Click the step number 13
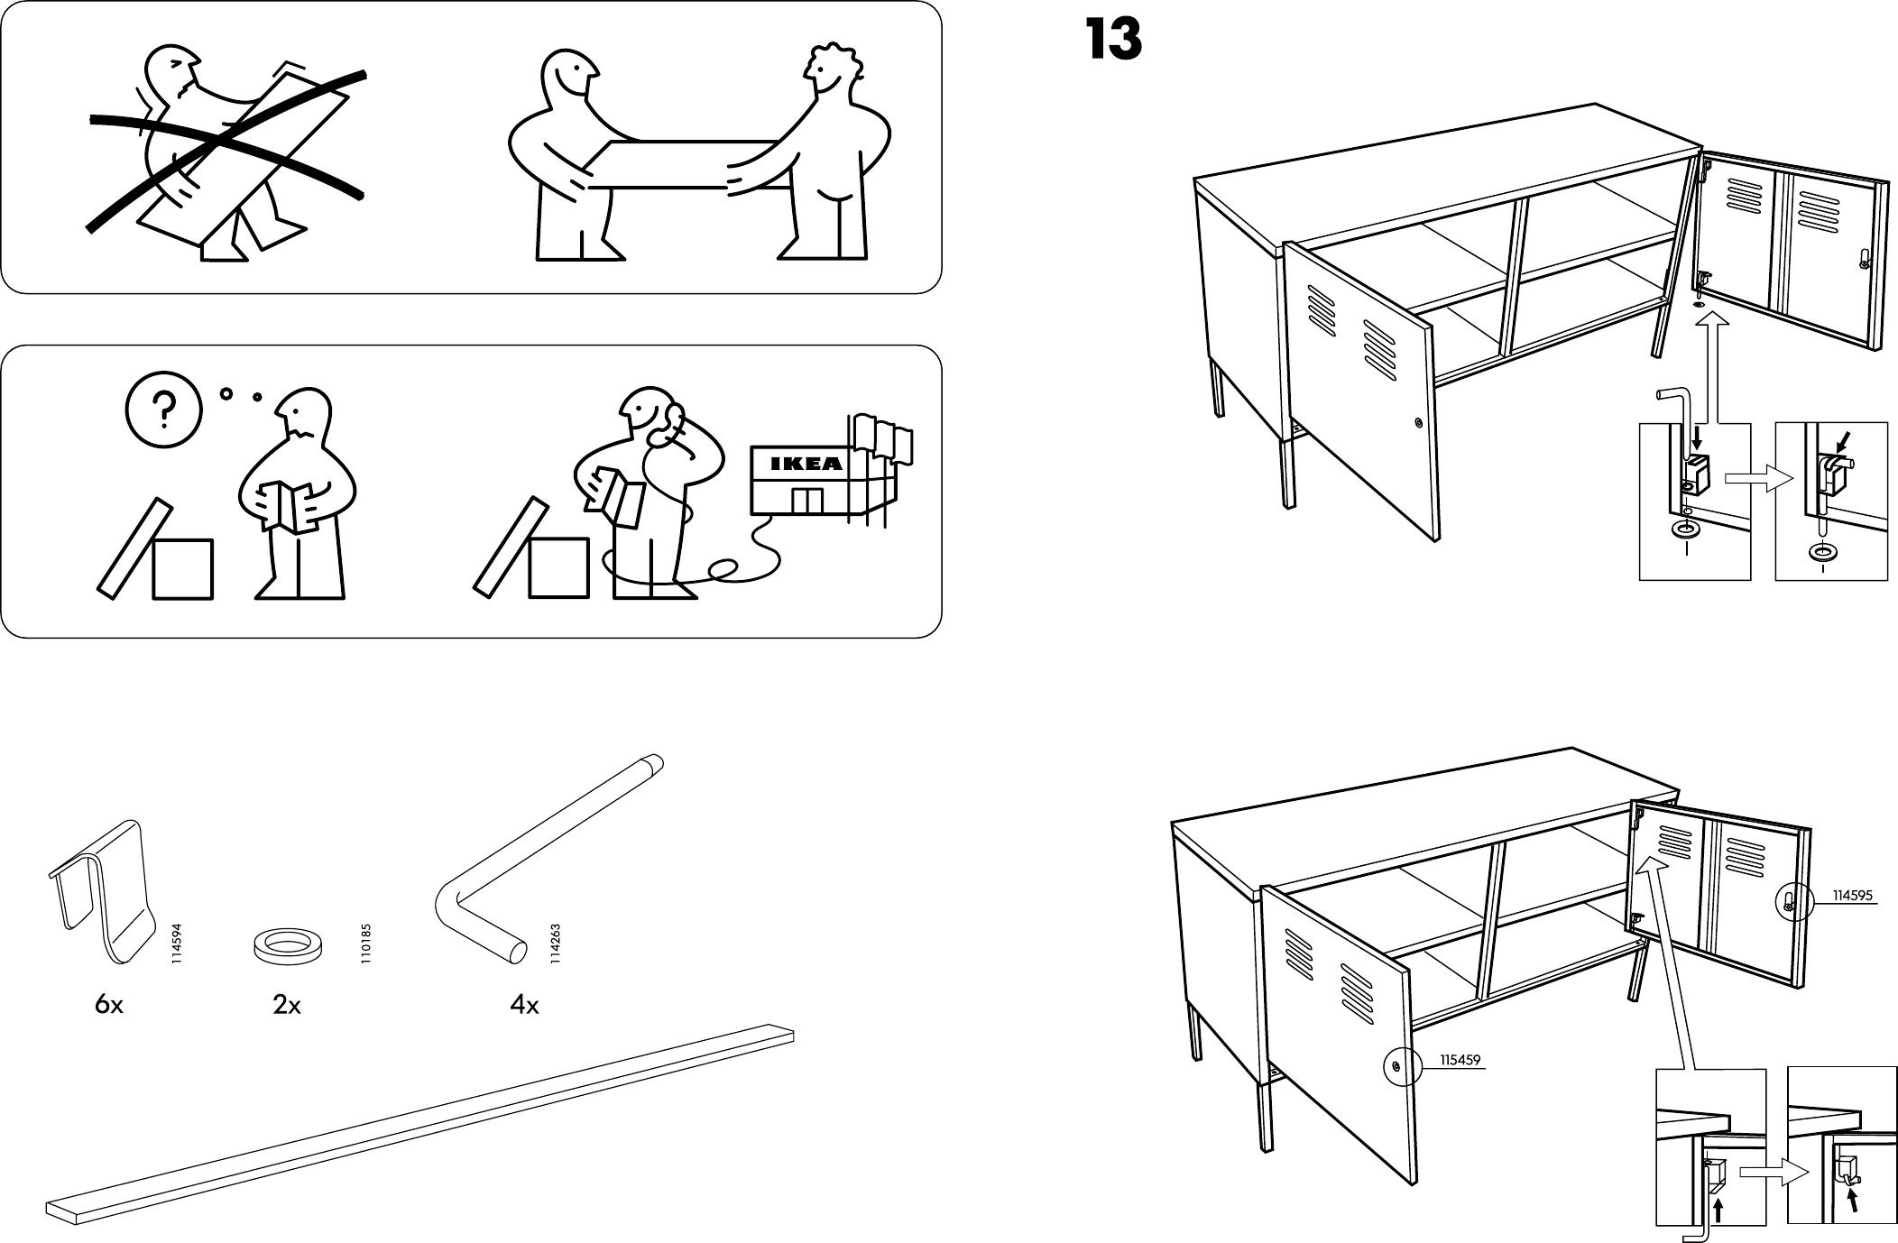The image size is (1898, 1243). point(1113,41)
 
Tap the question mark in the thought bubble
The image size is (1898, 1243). point(162,411)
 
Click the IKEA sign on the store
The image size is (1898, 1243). point(806,465)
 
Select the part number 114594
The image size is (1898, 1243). point(177,944)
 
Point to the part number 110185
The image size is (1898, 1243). point(365,944)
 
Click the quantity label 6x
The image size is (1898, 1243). point(108,1004)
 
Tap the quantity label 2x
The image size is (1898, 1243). point(287,1004)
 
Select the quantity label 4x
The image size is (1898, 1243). point(523,1004)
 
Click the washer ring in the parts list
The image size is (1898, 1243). point(287,945)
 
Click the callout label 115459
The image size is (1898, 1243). point(1460,1061)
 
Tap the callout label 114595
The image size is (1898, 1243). point(1852,896)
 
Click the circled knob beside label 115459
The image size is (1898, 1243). point(1397,1065)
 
